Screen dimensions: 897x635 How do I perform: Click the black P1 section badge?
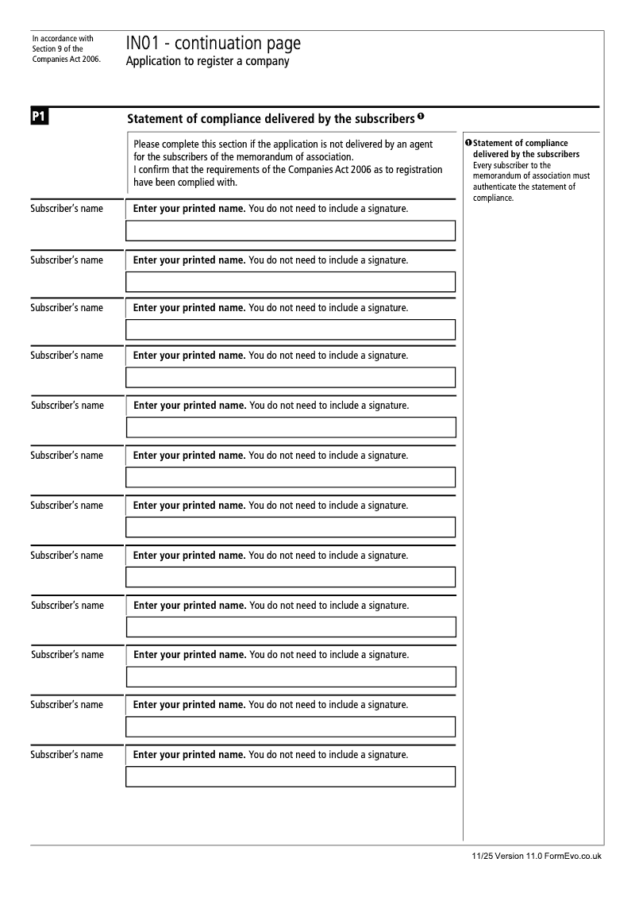(40, 118)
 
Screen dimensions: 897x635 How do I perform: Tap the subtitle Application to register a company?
(207, 62)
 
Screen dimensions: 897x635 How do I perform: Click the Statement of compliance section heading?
(270, 119)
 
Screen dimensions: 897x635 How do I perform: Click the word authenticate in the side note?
(495, 187)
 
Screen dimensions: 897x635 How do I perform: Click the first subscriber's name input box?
(291, 231)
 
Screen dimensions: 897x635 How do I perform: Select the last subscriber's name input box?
(291, 776)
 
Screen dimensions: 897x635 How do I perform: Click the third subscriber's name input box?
(291, 329)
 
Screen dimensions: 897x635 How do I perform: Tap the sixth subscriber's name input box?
(291, 477)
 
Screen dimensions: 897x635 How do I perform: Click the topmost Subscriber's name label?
(67, 210)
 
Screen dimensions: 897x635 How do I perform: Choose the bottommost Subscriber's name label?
(67, 755)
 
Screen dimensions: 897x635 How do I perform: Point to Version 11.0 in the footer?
(517, 857)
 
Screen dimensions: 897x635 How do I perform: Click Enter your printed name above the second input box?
(189, 260)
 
